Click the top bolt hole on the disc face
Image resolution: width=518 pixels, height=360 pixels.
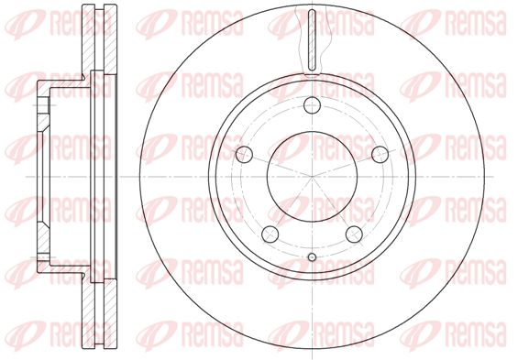312,105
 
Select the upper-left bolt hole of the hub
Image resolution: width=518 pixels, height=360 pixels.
245,154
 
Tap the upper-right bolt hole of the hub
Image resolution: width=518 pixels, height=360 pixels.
380,154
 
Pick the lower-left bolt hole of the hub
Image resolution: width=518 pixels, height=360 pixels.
270,234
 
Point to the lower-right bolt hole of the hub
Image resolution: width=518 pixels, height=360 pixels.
354,234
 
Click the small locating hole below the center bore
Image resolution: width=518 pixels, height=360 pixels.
312,257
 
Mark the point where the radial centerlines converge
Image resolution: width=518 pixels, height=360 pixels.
313,177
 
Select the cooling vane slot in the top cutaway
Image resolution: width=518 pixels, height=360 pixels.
312,39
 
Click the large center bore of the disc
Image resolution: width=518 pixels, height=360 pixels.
313,177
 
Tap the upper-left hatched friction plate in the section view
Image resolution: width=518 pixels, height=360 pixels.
89,39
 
